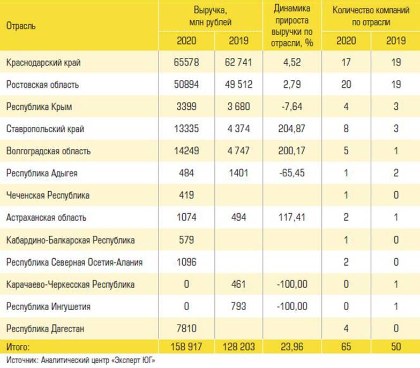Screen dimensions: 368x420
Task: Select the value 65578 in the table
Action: point(185,62)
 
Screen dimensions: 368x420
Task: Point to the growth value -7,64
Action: point(291,107)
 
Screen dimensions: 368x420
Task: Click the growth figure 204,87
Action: point(291,129)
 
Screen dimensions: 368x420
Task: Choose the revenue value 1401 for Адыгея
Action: point(236,173)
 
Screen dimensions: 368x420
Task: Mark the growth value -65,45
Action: point(291,173)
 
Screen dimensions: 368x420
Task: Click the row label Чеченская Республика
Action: point(48,196)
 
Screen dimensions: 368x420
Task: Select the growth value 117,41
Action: point(291,218)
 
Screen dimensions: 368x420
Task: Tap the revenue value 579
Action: point(185,240)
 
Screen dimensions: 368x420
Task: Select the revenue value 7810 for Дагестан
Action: point(185,329)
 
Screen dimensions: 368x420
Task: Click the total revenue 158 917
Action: point(185,347)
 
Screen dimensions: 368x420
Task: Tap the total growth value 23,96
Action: point(291,347)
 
